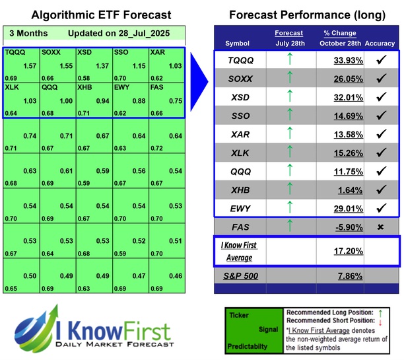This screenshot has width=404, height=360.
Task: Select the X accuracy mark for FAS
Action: point(381,227)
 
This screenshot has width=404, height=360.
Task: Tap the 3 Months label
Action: point(27,33)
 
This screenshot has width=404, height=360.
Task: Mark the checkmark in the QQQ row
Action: point(381,172)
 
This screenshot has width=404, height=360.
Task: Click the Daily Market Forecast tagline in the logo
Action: point(116,345)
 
